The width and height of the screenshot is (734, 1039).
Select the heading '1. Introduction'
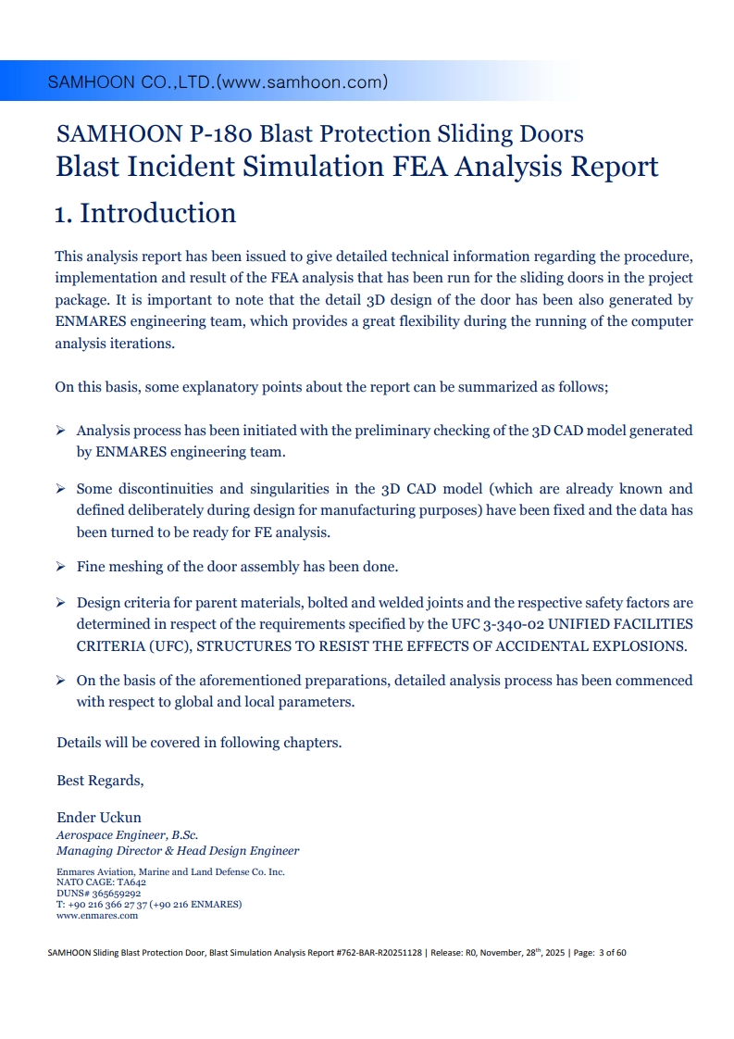pos(145,214)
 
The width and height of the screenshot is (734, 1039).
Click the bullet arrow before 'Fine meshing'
pos(60,566)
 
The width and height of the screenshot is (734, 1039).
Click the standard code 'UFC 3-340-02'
pos(497,624)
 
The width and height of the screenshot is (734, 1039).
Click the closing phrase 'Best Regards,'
pos(100,781)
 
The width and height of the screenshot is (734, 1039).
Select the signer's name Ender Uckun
pos(99,819)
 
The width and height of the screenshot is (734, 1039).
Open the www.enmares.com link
pos(97,916)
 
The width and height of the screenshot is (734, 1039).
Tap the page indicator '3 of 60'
pos(612,952)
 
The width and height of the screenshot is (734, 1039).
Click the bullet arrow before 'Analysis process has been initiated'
pos(60,431)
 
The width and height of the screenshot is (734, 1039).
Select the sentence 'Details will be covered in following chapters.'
pos(200,743)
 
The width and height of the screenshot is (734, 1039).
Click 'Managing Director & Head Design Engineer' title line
pos(178,851)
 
